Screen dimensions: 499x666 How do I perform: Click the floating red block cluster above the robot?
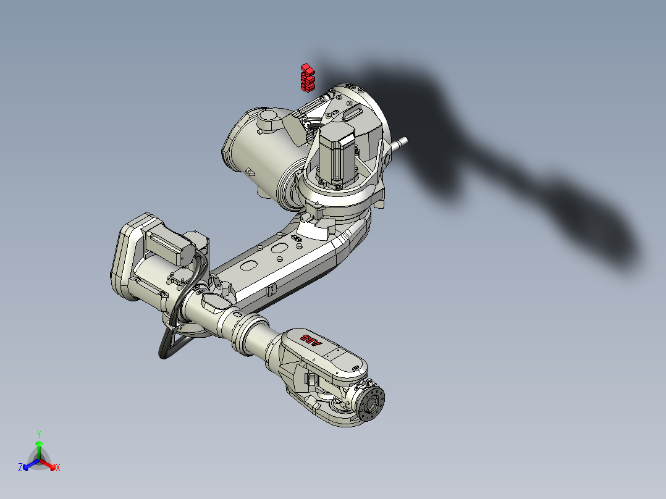307,78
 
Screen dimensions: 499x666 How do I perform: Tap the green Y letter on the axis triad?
39,434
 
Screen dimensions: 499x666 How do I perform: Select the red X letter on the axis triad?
58,468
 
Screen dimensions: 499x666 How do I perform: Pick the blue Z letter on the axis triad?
20,468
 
